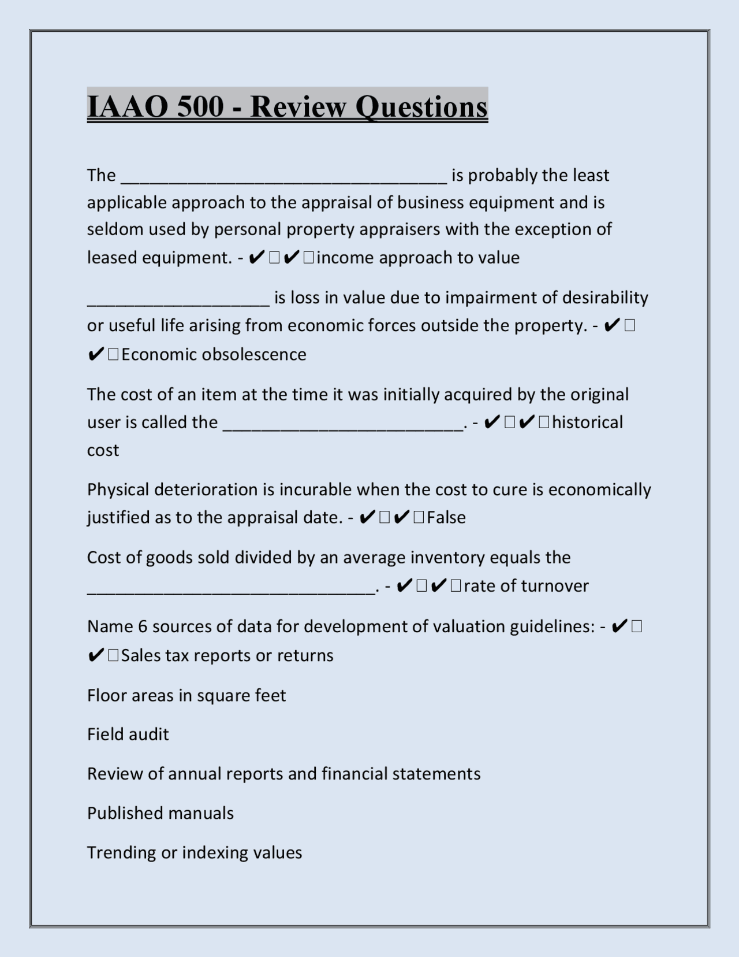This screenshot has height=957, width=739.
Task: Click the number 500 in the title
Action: [x=200, y=106]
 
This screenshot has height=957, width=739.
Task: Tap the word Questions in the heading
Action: [x=421, y=106]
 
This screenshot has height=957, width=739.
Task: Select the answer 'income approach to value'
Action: [x=418, y=258]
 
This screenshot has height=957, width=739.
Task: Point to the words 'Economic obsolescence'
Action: [x=214, y=354]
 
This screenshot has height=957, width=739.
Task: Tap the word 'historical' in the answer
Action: [x=587, y=422]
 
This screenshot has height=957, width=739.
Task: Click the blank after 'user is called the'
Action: [x=343, y=424]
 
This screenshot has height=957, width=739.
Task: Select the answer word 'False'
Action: [x=446, y=517]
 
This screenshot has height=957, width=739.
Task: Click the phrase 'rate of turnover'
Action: [x=526, y=586]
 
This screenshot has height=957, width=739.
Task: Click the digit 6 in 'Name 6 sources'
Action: [x=143, y=626]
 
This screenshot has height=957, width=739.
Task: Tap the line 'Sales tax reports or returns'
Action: [x=227, y=655]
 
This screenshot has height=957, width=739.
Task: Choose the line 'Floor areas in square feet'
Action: [x=186, y=695]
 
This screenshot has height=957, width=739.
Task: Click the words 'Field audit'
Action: [x=128, y=735]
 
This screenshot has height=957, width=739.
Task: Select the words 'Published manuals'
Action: [x=161, y=813]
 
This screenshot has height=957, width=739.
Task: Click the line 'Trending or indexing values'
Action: [x=195, y=852]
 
